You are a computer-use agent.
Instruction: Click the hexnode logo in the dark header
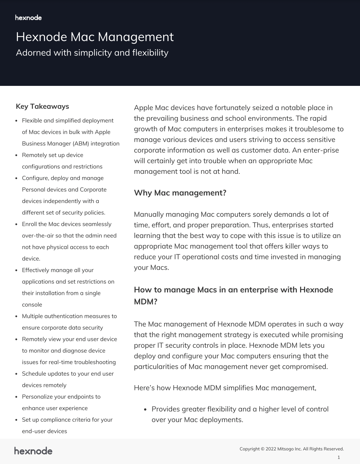tap(28, 18)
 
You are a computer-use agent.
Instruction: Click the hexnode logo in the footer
tap(33, 451)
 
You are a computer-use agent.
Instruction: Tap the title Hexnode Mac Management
tap(94, 37)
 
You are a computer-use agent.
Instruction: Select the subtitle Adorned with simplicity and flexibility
tap(92, 53)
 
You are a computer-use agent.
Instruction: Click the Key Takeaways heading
tap(42, 107)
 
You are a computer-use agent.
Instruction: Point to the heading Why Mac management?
tap(180, 193)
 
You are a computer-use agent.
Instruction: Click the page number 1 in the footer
tap(339, 457)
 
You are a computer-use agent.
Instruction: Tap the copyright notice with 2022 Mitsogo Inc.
tap(291, 449)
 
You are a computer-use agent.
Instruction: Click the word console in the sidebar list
tap(32, 305)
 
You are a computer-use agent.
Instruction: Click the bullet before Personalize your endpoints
tap(17, 397)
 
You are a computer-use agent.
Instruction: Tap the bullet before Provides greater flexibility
tap(145, 409)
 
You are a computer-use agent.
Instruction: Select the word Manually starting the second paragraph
tap(149, 214)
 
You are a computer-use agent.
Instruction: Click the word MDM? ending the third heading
tap(145, 302)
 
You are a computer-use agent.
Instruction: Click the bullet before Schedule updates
tap(17, 374)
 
